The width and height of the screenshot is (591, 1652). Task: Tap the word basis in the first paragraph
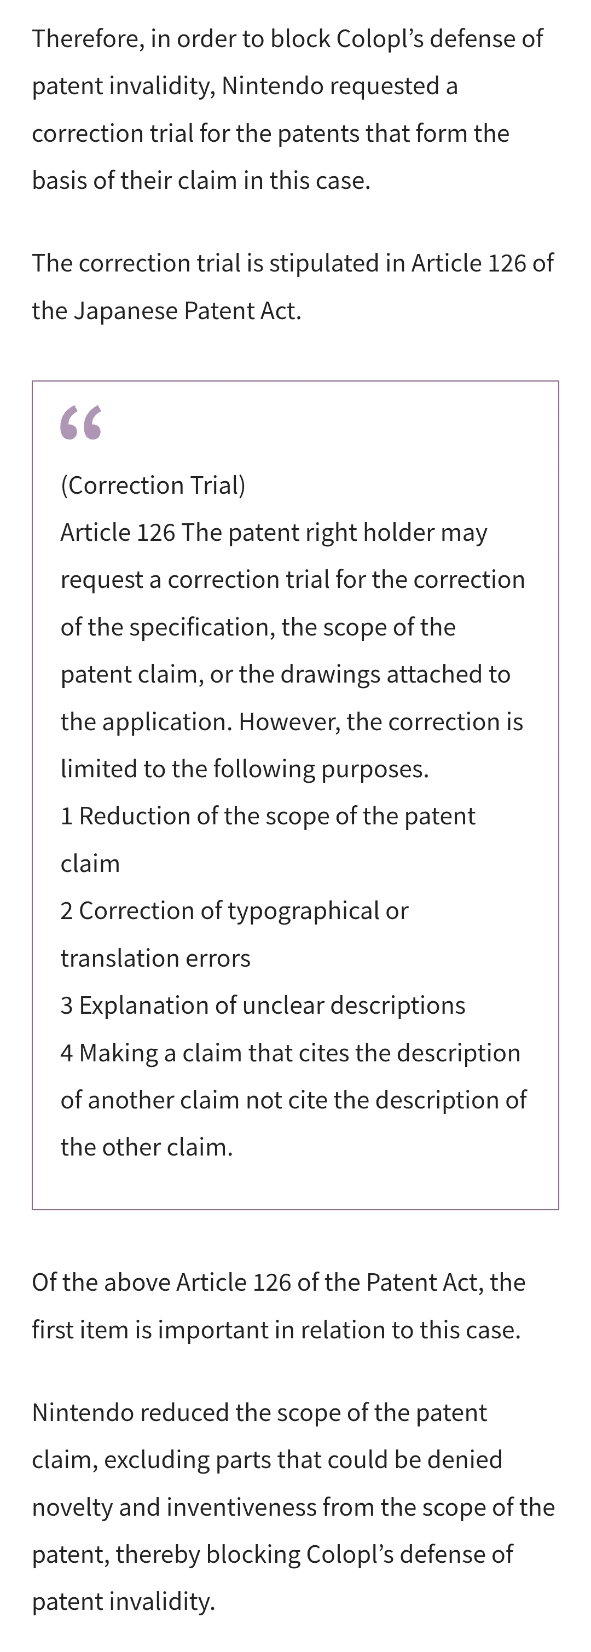[60, 180]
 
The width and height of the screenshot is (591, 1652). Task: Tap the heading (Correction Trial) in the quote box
[153, 486]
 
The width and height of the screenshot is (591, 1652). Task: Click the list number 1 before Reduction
[66, 816]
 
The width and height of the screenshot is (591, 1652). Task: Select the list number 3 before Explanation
[67, 1006]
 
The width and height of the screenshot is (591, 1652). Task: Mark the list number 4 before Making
[67, 1053]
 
